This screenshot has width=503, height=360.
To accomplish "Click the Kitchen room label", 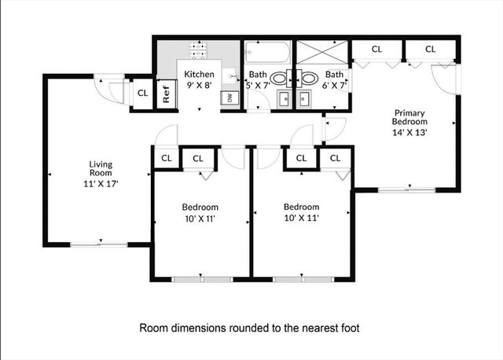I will [199, 75].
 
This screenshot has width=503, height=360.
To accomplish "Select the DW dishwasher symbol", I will [229, 97].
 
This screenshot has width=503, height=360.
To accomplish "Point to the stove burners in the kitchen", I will [199, 53].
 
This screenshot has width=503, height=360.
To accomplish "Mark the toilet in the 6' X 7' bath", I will [308, 79].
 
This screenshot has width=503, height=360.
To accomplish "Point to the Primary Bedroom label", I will [410, 117].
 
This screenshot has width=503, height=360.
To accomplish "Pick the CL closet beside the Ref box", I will [142, 93].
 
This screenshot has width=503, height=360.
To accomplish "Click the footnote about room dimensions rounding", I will [249, 327].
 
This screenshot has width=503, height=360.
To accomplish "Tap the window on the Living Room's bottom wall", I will [100, 244].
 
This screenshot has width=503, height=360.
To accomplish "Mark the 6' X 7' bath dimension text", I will [331, 85].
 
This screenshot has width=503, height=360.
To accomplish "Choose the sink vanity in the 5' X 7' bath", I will [281, 98].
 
